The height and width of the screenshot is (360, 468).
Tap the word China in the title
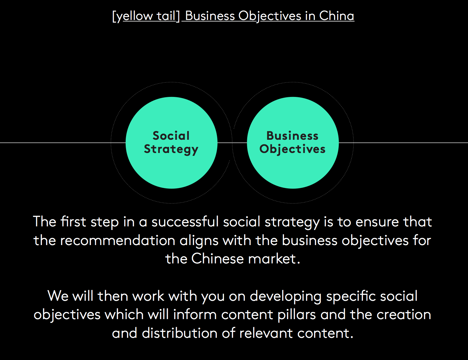[336, 16]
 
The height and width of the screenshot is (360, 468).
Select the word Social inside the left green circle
[171, 136]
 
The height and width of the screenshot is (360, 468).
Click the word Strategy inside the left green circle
[171, 149]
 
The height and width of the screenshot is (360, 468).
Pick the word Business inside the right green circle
[292, 136]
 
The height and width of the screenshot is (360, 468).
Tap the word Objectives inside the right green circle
[292, 149]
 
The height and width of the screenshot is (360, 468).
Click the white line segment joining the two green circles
[232, 143]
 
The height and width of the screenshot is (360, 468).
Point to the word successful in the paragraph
[185, 222]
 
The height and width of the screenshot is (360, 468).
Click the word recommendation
[118, 240]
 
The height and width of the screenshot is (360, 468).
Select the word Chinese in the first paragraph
[217, 259]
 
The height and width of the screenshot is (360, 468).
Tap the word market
[274, 259]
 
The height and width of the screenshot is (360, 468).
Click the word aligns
[199, 241]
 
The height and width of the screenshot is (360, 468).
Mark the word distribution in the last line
[180, 333]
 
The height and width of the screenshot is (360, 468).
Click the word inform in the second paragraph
[195, 315]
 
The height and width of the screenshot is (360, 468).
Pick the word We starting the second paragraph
[58, 296]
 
